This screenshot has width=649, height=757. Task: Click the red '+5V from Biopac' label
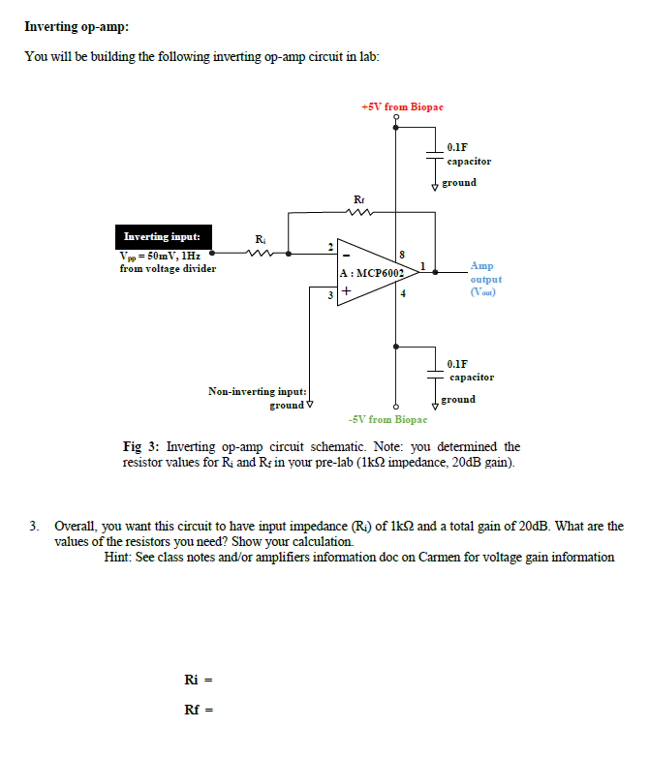402,106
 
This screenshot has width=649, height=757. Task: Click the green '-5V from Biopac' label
387,419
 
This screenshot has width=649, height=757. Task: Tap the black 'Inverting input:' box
164,236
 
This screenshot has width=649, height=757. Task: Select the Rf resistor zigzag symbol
359,211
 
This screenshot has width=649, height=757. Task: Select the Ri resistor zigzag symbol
260,253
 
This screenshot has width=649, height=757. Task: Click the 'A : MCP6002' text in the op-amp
372,273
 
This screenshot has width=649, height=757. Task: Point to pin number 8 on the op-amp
402,255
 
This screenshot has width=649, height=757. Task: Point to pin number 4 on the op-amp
403,293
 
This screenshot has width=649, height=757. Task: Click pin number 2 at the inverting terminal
330,247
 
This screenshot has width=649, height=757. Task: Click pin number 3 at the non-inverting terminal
330,295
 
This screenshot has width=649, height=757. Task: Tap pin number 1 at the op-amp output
423,266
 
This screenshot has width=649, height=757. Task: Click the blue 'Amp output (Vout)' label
486,279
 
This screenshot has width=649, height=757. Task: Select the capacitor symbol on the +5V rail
435,155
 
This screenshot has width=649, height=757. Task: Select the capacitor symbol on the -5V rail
435,374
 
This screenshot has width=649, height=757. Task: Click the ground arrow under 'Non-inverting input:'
310,404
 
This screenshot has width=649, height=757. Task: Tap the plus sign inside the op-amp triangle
346,290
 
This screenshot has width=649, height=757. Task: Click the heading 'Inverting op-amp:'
77,26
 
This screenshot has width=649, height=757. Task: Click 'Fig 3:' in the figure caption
140,446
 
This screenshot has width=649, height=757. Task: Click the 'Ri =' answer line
199,680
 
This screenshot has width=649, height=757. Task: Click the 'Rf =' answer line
199,710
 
